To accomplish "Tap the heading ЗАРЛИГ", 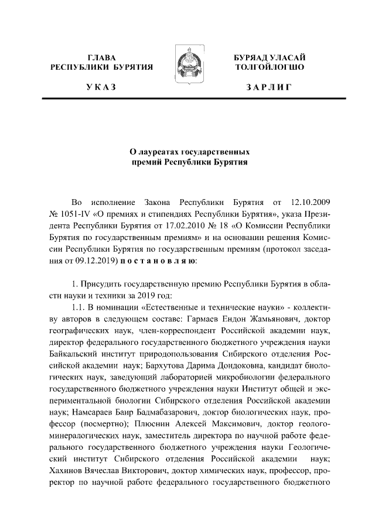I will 269,87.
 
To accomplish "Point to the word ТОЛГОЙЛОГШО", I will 269,67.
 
